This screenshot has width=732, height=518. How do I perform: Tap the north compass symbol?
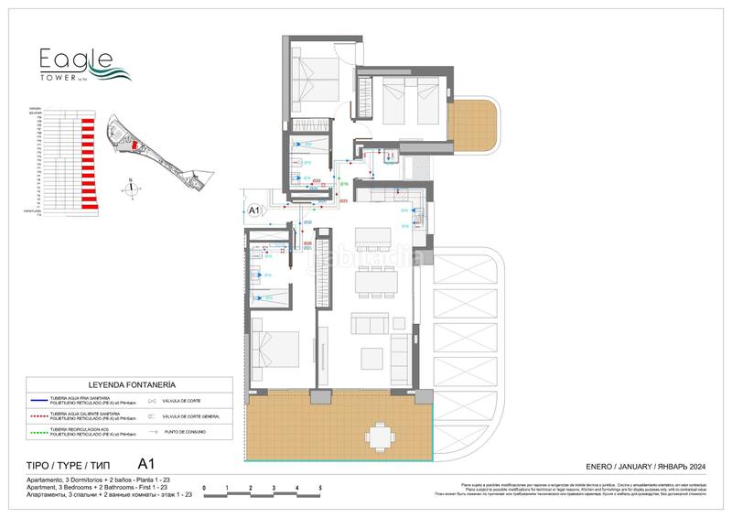point(133,189)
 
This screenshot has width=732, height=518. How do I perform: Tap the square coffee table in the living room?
point(374,356)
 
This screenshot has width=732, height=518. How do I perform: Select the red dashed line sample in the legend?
point(56,415)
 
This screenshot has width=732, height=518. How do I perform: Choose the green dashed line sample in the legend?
point(56,431)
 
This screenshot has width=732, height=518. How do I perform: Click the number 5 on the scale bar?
point(320,488)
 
